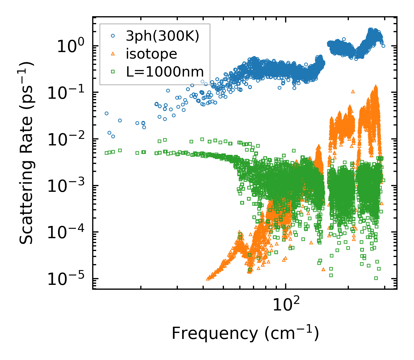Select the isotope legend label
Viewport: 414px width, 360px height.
[151, 54]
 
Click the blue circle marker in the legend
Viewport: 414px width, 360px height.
[113, 36]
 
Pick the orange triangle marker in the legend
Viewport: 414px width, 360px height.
[113, 54]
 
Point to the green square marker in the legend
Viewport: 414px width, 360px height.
[113, 71]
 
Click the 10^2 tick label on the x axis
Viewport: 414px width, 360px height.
[285, 305]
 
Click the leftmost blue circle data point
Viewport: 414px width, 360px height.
[106, 113]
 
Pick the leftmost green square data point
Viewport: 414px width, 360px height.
[106, 153]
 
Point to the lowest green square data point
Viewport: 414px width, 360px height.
[376, 278]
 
